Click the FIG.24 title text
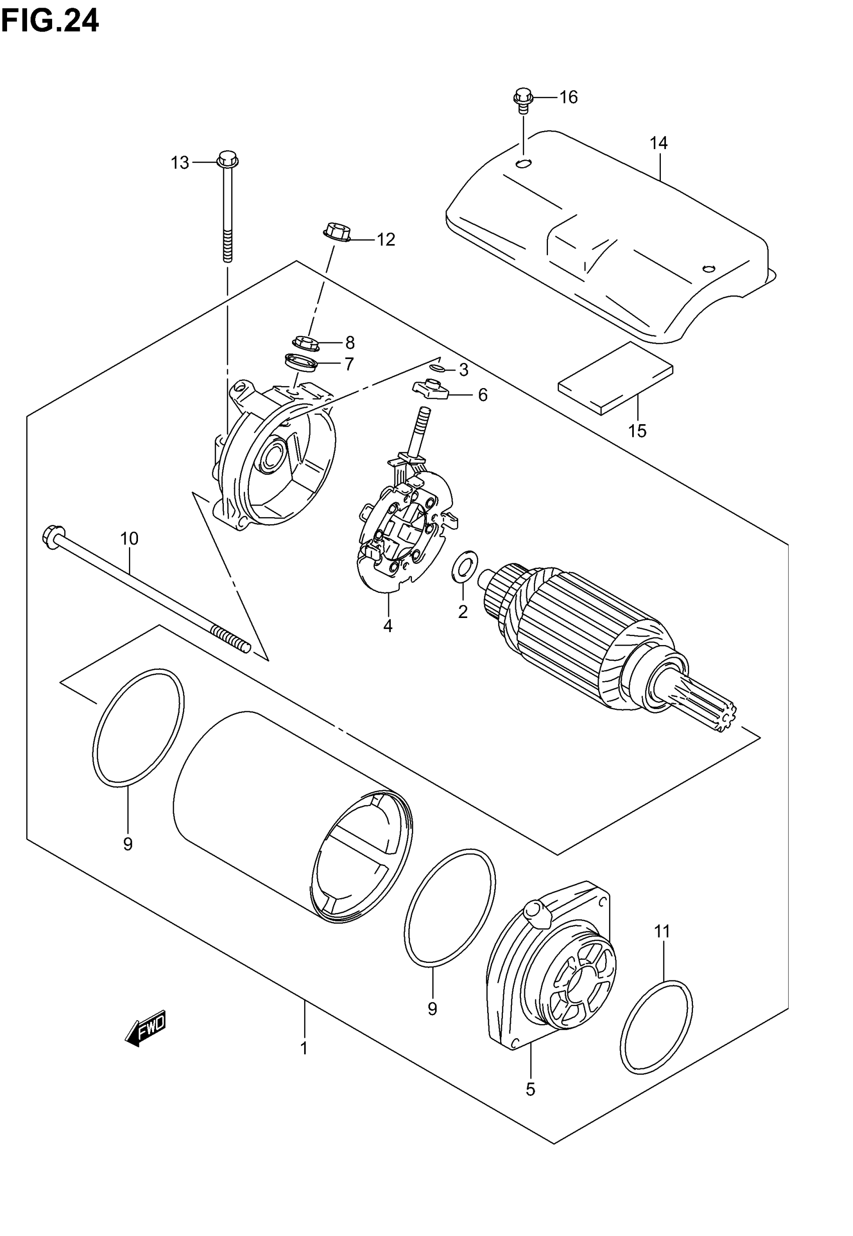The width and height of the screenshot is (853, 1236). (x=50, y=22)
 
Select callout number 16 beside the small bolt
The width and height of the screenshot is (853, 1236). (x=568, y=97)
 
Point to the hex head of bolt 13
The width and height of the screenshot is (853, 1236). (x=228, y=159)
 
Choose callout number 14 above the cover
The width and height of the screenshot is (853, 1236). (x=658, y=143)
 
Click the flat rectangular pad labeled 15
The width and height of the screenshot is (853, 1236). (x=616, y=379)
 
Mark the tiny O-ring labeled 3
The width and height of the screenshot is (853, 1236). (x=438, y=368)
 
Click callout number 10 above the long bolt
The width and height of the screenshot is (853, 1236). (x=129, y=538)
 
